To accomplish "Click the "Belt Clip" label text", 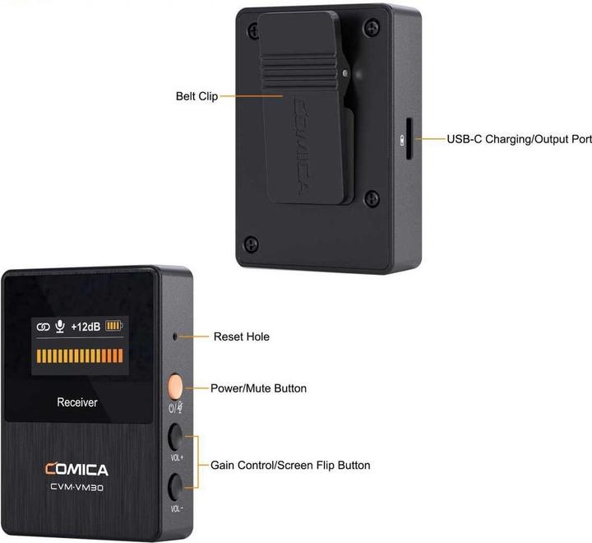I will pos(196,95).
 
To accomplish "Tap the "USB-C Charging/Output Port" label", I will pos(519,139).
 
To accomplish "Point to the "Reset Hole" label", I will pos(241,336).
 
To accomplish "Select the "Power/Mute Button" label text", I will pos(258,388).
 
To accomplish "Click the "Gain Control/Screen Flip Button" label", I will pos(290,466).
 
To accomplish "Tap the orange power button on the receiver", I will pos(175,386).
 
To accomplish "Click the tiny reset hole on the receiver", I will pos(174,336).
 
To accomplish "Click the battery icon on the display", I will pos(113,327).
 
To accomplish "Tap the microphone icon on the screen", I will pos(59,327).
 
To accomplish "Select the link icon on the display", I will pos(44,327).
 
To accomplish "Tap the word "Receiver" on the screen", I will pos(77,402).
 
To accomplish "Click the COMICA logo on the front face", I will pos(76,470).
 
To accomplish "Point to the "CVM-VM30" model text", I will pos(76,485).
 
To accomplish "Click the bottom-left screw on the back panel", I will pos(252,244).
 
